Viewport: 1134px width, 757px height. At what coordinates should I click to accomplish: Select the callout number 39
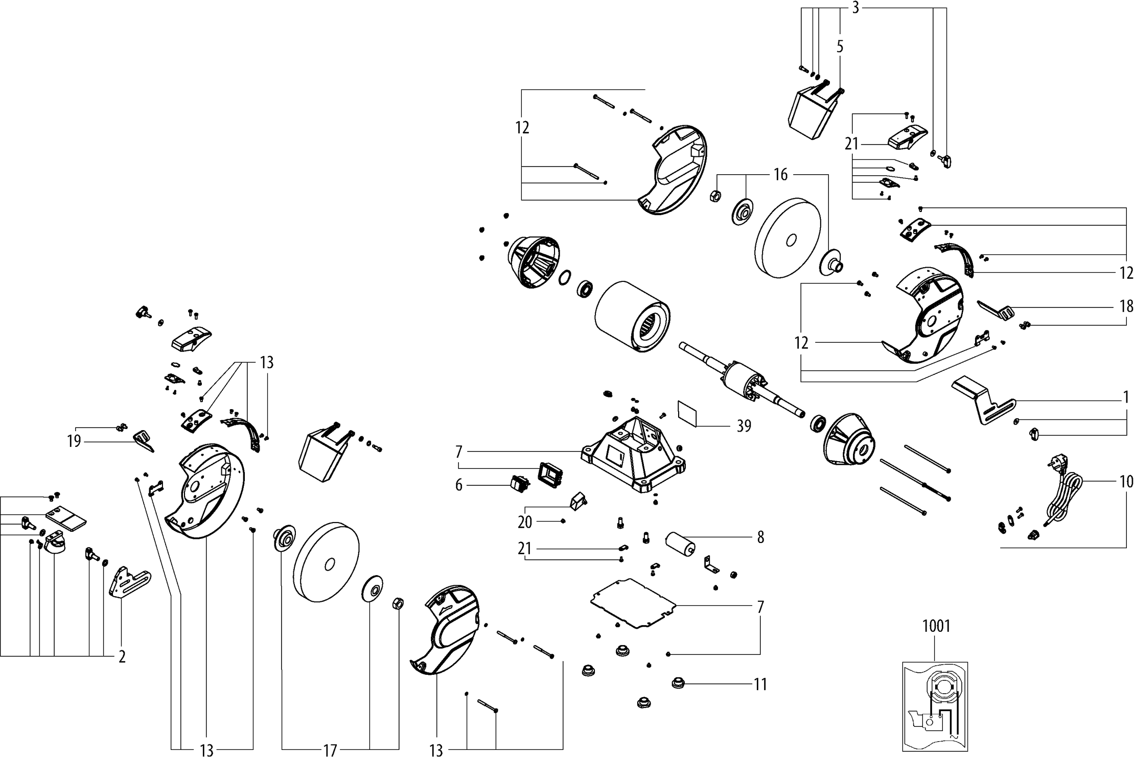coord(744,426)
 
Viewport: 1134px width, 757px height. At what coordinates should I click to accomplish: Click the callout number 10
coord(1126,481)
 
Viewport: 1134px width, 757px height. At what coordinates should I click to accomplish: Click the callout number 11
coord(760,684)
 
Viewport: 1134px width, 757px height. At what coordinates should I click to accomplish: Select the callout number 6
coord(458,485)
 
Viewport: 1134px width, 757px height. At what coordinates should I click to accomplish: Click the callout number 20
coord(525,522)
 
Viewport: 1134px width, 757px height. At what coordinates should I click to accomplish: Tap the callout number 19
coord(74,441)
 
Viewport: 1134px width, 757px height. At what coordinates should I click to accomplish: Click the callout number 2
coord(122,656)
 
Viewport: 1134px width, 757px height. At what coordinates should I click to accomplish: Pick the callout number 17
coord(330,750)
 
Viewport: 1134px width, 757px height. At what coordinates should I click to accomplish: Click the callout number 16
coord(780,175)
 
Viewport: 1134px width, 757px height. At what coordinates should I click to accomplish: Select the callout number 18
coord(1126,306)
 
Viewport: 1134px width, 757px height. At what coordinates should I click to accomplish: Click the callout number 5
coord(840,47)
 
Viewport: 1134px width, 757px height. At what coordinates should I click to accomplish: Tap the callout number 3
coord(855,8)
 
